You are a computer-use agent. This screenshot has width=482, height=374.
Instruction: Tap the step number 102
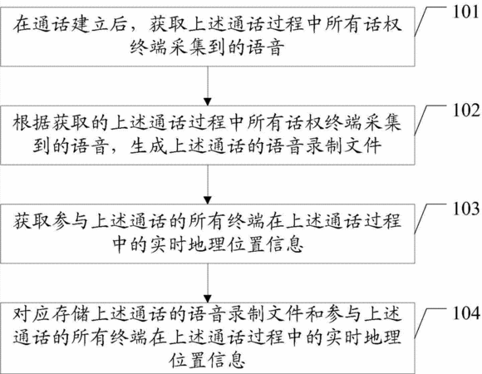click(466, 111)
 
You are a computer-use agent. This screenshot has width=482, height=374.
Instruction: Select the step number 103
click(466, 209)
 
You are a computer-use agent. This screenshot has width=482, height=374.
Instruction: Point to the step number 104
click(466, 313)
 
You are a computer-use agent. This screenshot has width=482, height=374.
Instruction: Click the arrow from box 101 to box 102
click(208, 86)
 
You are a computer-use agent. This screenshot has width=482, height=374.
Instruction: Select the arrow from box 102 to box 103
click(208, 185)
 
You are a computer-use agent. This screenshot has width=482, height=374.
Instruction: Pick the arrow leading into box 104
click(208, 283)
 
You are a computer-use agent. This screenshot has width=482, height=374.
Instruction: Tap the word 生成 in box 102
click(149, 145)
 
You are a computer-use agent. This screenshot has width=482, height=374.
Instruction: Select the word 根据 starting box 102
click(32, 123)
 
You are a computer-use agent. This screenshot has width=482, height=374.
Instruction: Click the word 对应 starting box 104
click(32, 314)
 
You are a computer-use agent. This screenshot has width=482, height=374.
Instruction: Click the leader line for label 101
click(430, 21)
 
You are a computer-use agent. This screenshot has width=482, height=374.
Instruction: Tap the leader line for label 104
click(430, 322)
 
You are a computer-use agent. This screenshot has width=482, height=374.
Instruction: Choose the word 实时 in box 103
click(168, 244)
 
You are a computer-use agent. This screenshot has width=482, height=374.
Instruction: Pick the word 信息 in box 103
click(285, 244)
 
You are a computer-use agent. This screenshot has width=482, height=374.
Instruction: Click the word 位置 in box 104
click(188, 360)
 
